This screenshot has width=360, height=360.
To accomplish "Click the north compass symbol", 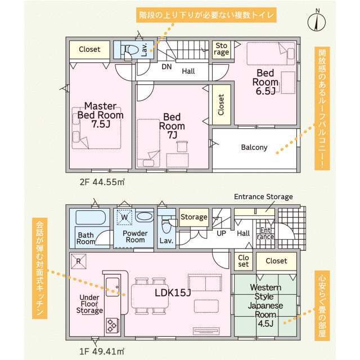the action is (317, 21).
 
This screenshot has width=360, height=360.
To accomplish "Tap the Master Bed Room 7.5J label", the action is (101, 115).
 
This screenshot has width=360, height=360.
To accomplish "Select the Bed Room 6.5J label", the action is (265, 82).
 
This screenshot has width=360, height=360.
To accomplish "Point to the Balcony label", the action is (254, 147).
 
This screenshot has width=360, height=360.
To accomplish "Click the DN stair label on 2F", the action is (166, 67).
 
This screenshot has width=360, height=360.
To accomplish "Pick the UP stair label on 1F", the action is (221, 233).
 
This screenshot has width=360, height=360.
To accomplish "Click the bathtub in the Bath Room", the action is (91, 218).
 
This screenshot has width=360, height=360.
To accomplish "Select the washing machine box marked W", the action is (124, 217).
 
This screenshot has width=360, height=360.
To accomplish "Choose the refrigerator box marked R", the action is (79, 261).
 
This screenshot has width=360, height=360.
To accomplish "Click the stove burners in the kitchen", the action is (112, 325).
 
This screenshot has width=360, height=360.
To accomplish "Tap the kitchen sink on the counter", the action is (112, 287).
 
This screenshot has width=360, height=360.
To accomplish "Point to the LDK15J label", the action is (173, 292).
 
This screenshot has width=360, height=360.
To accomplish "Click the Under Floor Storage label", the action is (89, 304).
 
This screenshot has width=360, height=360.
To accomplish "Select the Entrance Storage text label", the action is (263, 197).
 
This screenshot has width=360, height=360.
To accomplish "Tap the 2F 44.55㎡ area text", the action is (102, 182).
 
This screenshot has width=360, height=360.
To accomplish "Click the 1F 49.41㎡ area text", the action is (102, 352).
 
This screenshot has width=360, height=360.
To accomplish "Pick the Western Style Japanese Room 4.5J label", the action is (265, 305).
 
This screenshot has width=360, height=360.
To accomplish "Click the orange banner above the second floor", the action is (206, 15).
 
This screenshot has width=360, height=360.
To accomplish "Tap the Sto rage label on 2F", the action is (221, 49).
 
